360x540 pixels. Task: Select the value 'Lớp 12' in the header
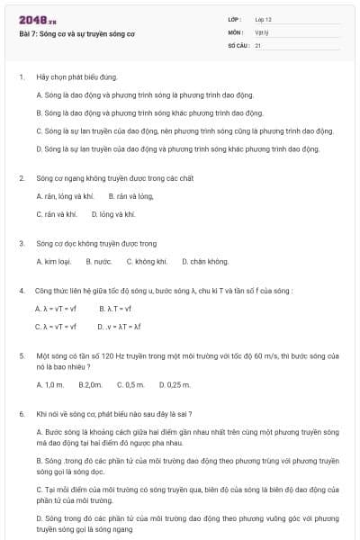tap(263, 19)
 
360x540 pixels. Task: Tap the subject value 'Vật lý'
tap(261, 31)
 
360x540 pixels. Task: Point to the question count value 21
tap(257, 44)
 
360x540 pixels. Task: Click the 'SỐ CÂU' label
tap(238, 44)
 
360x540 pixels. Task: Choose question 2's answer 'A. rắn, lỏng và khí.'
tap(65, 196)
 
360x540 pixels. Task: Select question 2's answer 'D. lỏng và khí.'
tap(112, 214)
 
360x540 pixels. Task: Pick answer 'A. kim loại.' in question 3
tap(53, 262)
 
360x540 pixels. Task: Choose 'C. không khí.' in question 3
tap(151, 262)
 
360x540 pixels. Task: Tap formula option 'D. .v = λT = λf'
tap(120, 327)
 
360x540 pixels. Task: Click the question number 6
tap(21, 414)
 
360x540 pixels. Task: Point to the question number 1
tap(21, 77)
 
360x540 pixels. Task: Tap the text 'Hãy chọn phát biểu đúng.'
tap(76, 77)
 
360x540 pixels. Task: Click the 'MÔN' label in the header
tap(236, 31)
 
